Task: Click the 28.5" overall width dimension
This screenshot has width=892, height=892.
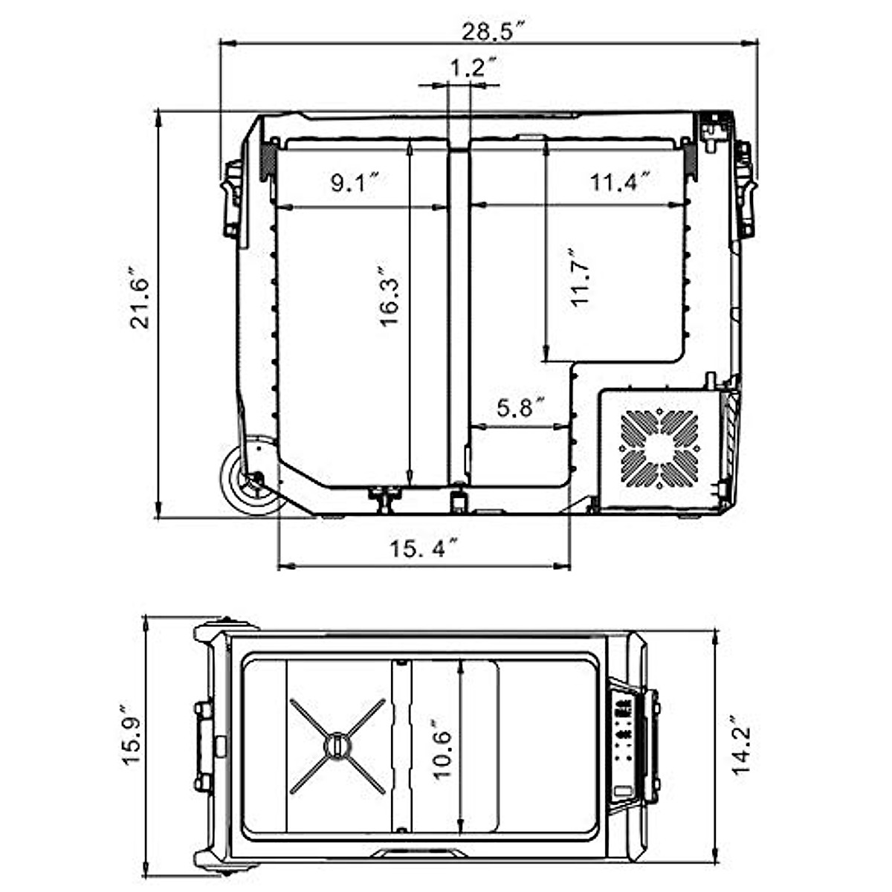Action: point(494,32)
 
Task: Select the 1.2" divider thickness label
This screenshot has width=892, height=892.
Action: point(474,68)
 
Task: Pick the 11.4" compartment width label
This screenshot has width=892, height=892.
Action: point(620,182)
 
